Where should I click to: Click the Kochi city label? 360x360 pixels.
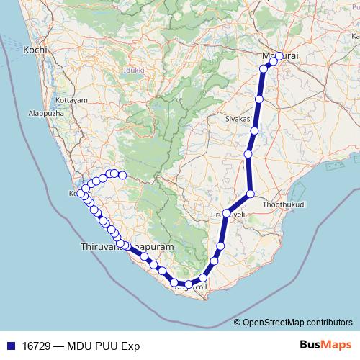35,50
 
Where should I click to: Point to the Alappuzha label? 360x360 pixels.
45,114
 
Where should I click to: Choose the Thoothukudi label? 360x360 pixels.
285,204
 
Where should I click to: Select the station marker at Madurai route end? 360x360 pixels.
279,56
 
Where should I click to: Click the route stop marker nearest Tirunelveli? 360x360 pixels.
226,213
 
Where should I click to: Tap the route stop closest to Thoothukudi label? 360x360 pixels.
251,194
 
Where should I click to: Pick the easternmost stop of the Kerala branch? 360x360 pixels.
122,175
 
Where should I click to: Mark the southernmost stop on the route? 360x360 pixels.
189,285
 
